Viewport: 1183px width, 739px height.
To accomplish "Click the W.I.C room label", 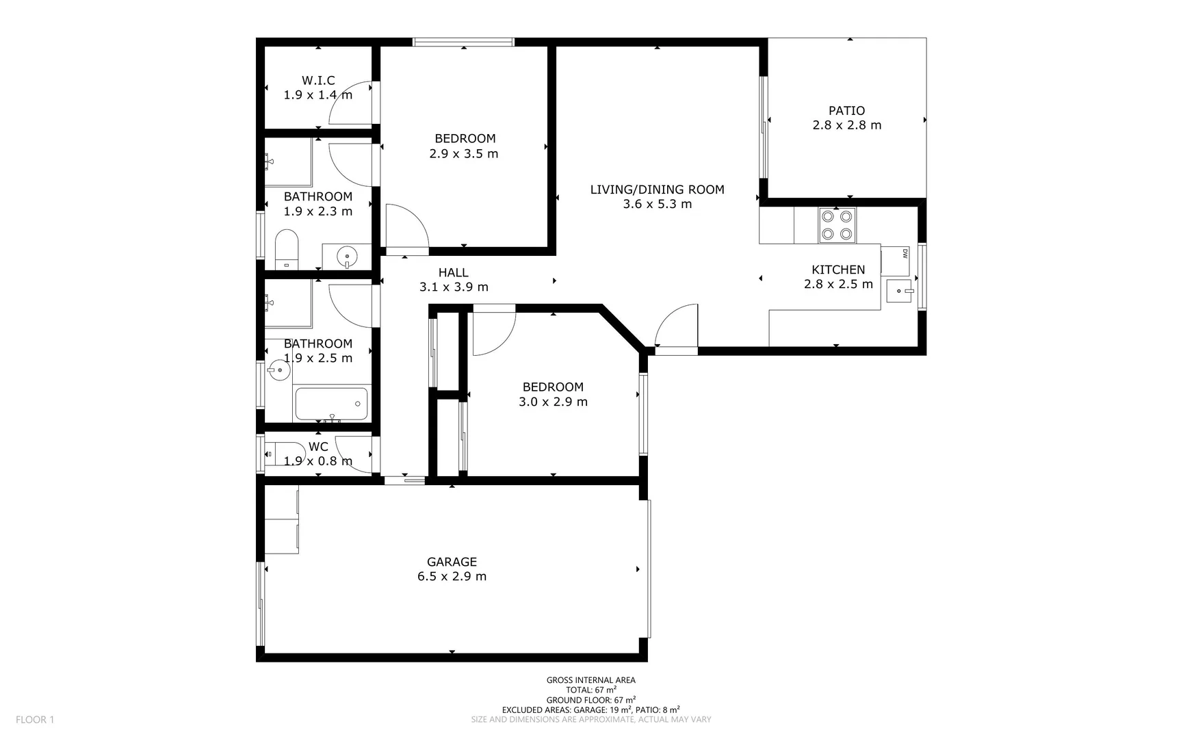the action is click(318, 81).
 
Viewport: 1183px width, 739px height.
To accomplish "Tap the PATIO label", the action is click(846, 111).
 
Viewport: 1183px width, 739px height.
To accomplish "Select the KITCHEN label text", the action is click(838, 270).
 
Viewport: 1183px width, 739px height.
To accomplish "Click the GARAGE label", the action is click(452, 562).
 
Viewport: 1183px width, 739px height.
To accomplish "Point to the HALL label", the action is click(454, 273).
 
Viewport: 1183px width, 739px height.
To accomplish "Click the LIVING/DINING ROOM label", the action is click(657, 190).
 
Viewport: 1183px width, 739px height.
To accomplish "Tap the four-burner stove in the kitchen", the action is click(837, 225).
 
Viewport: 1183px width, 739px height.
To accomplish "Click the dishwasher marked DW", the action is click(895, 261).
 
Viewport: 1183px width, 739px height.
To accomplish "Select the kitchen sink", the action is click(900, 291).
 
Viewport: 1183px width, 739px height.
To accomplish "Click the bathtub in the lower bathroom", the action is click(331, 404).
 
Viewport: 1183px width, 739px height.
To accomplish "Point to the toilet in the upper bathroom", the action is click(287, 250).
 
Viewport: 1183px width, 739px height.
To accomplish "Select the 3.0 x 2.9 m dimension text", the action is click(553, 402).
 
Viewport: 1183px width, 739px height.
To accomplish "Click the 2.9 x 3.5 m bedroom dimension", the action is click(464, 154).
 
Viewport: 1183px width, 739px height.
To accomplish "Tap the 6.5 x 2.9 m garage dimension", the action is click(452, 576).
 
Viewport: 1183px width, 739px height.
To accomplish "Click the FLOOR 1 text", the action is click(35, 719).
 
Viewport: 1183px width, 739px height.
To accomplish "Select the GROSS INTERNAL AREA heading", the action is click(590, 680).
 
